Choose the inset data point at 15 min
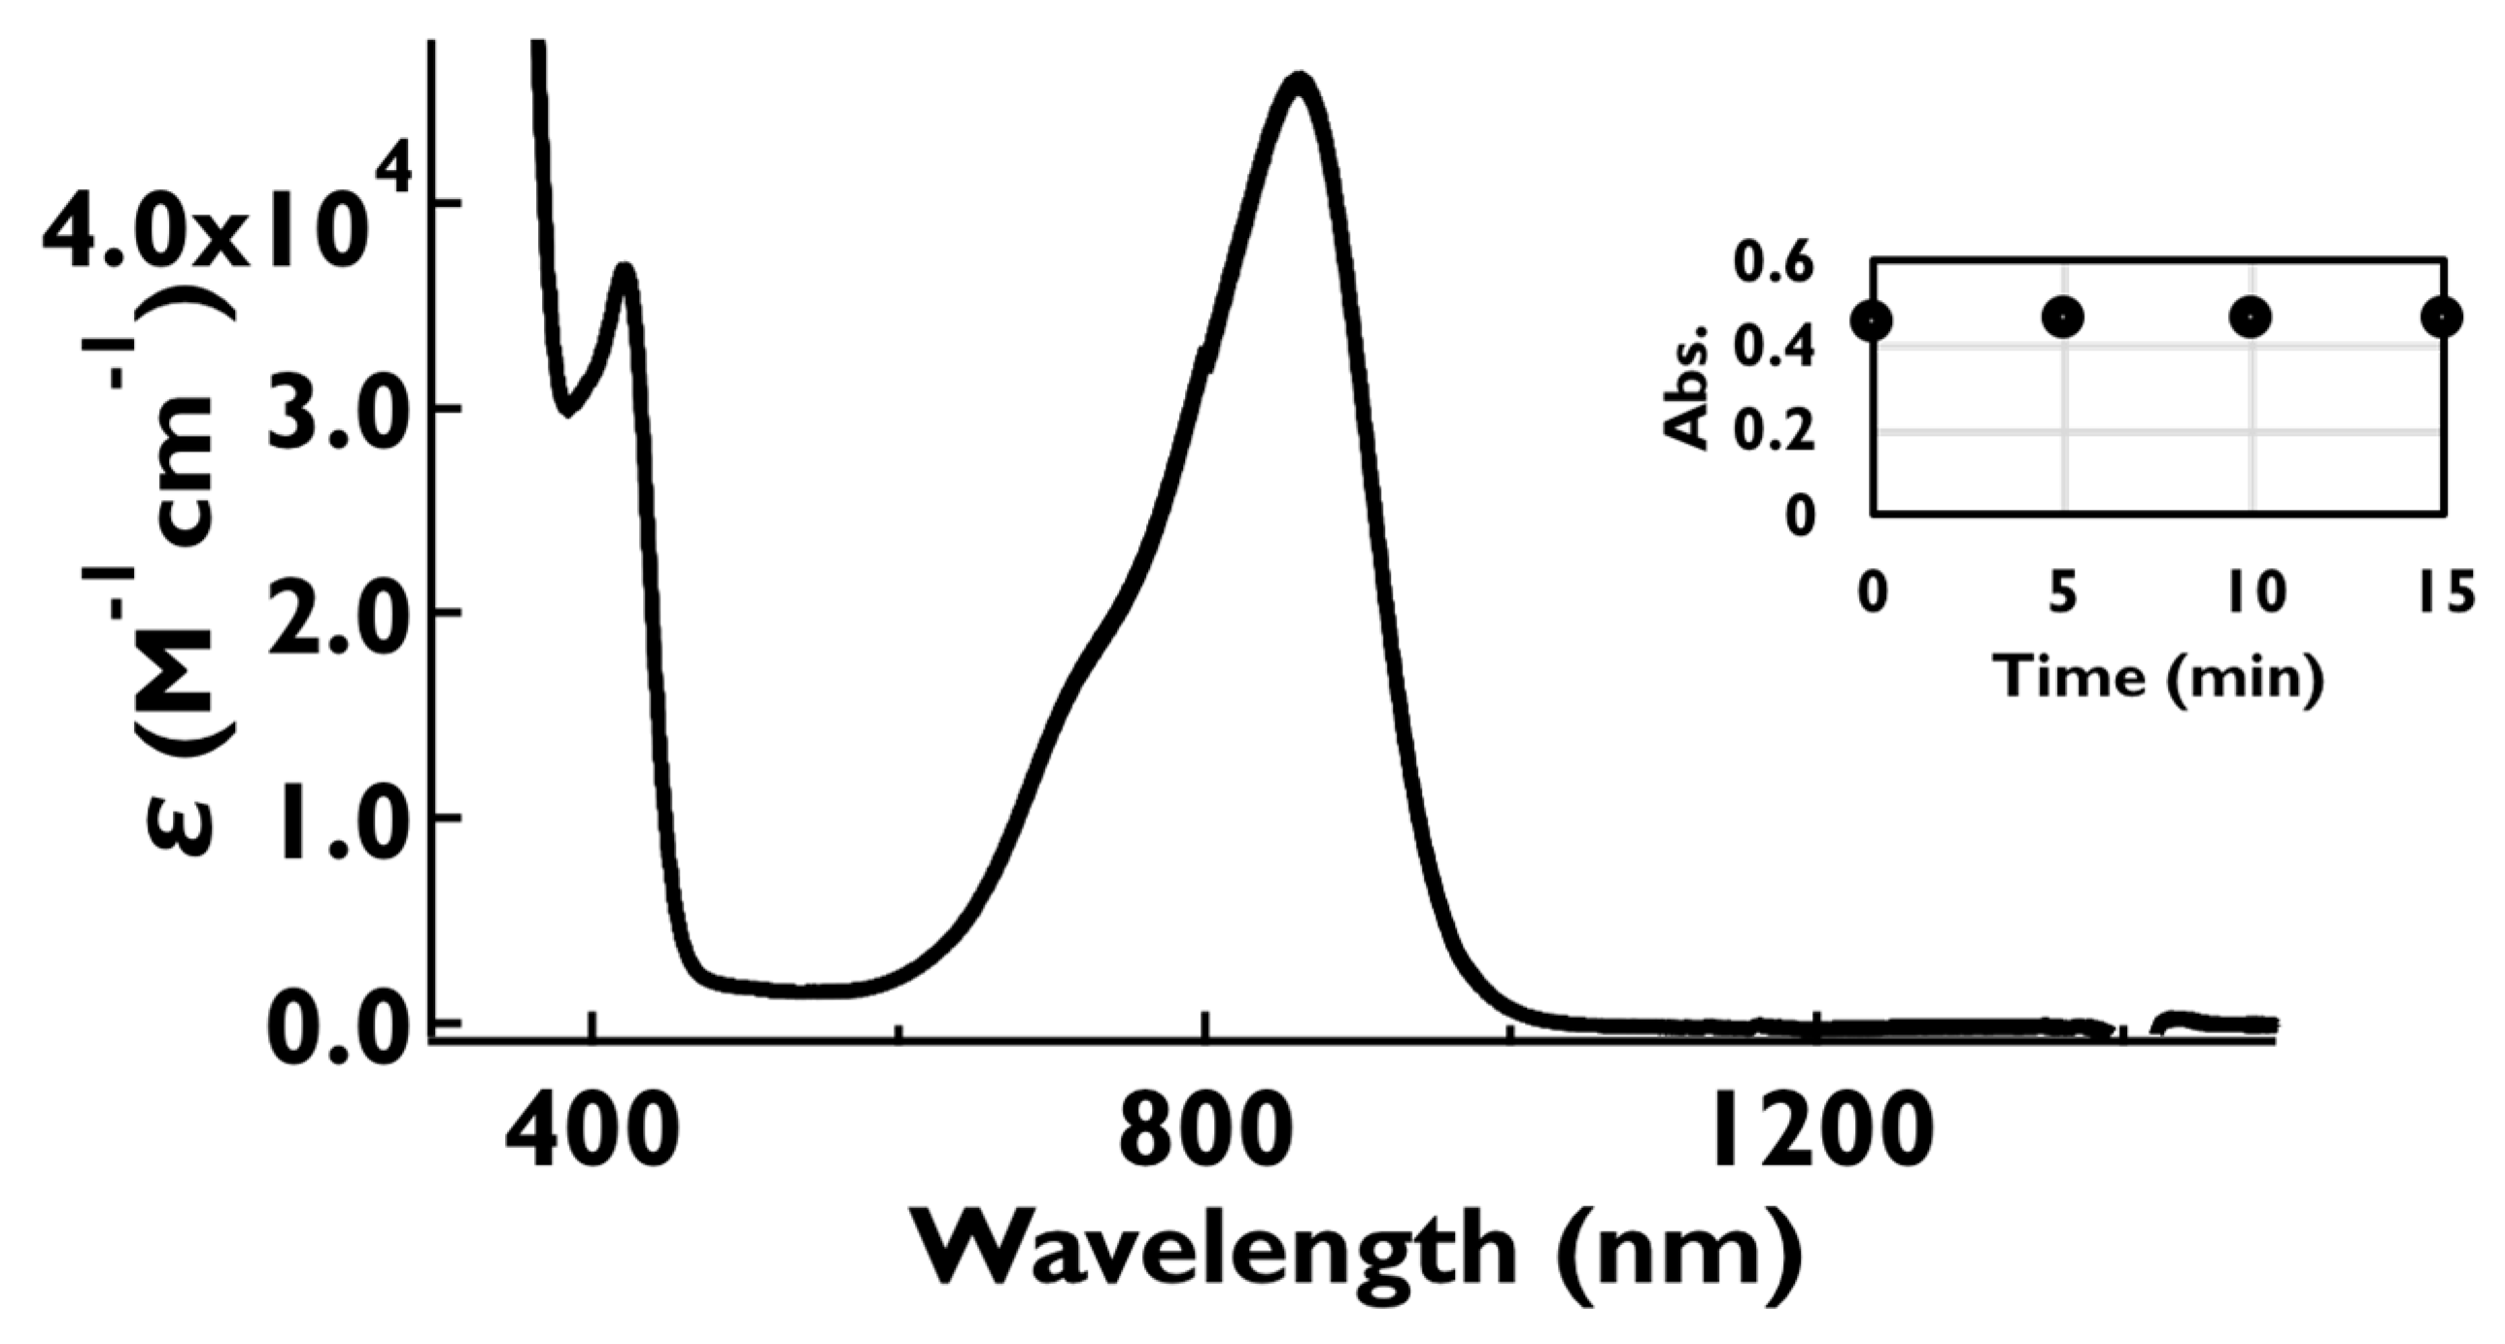pos(2441,317)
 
